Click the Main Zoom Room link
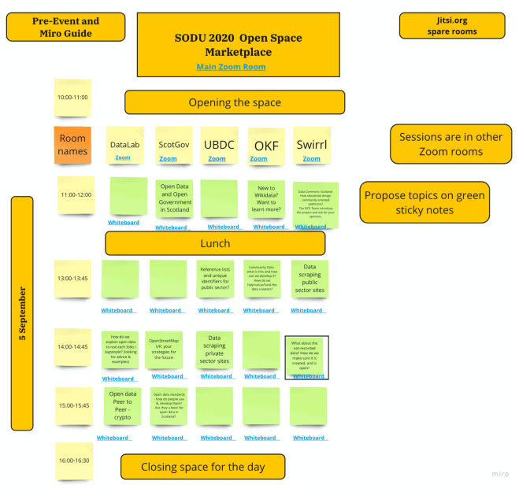[x=231, y=67]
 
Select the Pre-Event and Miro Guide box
[x=65, y=28]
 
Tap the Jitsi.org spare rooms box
[x=451, y=26]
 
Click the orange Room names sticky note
[x=72, y=145]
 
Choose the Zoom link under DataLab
[x=123, y=157]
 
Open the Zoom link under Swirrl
[x=311, y=158]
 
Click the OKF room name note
[x=266, y=146]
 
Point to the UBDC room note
[x=219, y=145]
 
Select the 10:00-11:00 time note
[x=72, y=98]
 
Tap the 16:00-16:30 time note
[x=73, y=460]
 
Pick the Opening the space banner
[x=234, y=102]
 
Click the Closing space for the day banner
[x=202, y=467]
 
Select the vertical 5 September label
[x=22, y=313]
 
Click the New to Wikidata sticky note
[x=266, y=198]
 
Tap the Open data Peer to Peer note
[x=122, y=405]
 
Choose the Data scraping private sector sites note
[x=214, y=349]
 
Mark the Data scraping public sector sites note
[x=309, y=278]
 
